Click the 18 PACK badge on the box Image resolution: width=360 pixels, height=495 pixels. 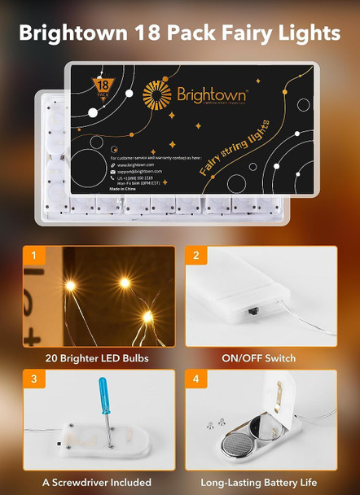(x=104, y=85)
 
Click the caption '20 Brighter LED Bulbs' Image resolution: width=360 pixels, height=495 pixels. (x=98, y=358)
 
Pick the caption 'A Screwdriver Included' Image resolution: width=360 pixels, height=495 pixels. (x=98, y=481)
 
